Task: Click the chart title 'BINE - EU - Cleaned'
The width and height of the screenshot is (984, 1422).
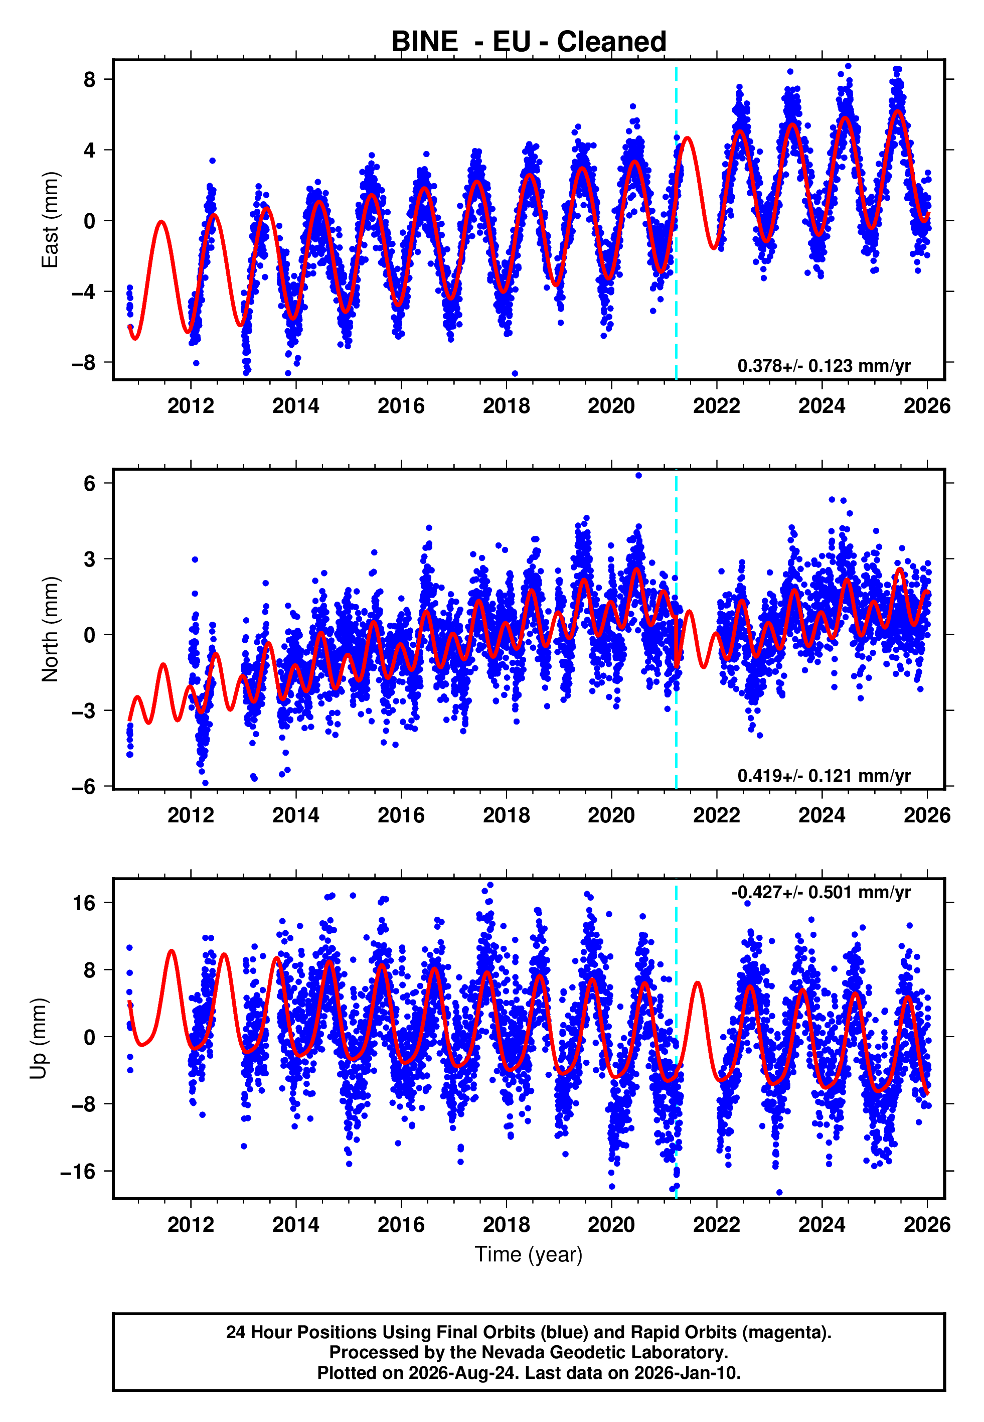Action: click(529, 42)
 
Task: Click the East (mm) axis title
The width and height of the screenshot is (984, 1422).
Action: click(49, 220)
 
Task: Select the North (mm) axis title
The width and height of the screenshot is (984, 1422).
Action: click(49, 629)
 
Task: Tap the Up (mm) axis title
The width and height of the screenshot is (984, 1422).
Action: click(38, 1039)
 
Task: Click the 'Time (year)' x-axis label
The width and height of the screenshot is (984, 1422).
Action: click(529, 1254)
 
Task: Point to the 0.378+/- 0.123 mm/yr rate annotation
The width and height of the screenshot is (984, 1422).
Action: click(824, 366)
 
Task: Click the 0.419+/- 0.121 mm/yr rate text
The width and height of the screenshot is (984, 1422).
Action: click(824, 775)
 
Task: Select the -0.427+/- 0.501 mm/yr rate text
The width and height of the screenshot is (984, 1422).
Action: click(821, 892)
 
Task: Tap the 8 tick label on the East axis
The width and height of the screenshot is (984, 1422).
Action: click(90, 80)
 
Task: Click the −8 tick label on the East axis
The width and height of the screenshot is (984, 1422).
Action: click(84, 363)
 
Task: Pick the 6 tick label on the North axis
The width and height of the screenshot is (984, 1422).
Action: click(90, 484)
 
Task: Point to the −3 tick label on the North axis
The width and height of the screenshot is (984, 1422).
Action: click(84, 711)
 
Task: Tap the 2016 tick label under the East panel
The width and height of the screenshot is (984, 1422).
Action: click(401, 406)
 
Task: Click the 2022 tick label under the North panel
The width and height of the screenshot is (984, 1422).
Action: click(716, 815)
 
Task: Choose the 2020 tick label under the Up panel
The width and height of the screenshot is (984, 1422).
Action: click(611, 1225)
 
